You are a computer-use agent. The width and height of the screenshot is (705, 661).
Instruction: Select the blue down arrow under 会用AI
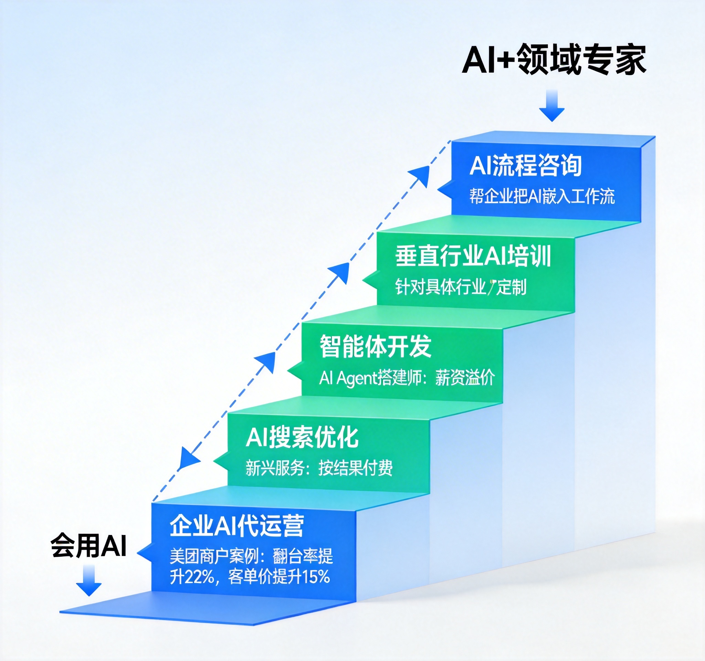pos(89,580)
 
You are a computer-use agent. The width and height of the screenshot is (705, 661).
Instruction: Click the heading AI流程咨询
pos(526,166)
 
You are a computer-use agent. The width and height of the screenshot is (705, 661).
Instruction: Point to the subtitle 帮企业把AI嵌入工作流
pos(542,196)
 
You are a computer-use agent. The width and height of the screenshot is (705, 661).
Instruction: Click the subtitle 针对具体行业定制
pos(461,286)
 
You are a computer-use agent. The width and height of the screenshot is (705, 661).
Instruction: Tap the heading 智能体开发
pos(376,346)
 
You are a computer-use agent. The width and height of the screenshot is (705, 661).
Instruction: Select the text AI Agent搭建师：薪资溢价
pos(407,378)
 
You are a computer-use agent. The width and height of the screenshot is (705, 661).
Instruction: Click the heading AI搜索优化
pos(302,437)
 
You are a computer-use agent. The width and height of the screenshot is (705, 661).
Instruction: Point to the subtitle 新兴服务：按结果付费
pos(319,468)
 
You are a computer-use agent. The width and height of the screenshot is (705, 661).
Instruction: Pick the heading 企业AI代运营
pos(237,526)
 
